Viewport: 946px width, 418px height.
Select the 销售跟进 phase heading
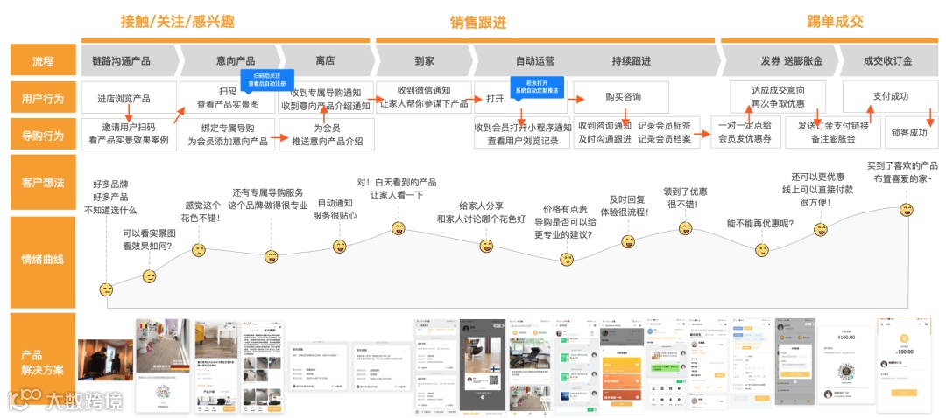(x=478, y=23)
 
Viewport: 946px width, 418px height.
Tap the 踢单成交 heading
(x=835, y=22)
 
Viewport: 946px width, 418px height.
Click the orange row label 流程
(x=43, y=61)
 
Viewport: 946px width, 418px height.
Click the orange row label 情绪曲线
(x=43, y=259)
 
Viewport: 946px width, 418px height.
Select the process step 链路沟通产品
(x=121, y=61)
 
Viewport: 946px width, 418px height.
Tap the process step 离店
(x=325, y=61)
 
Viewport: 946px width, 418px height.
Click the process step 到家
(x=424, y=61)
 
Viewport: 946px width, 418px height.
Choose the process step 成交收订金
(x=887, y=61)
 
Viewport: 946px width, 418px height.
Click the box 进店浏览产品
(x=124, y=97)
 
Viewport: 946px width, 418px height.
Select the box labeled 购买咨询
(x=623, y=97)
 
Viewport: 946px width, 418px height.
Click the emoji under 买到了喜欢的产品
(x=908, y=210)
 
